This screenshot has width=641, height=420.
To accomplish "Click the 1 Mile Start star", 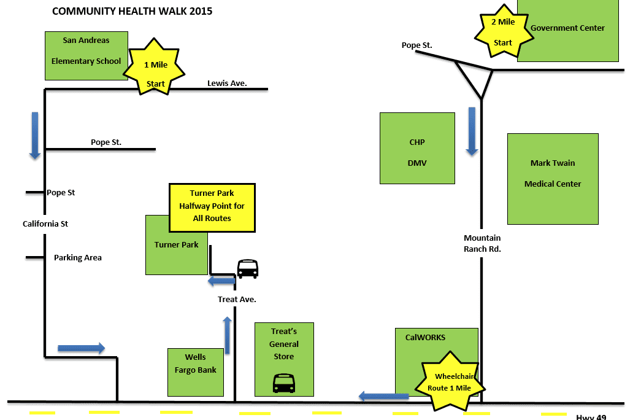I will [x=155, y=66].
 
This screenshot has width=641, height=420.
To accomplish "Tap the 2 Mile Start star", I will [x=503, y=32].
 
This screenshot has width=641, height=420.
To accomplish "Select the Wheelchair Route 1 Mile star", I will [x=450, y=382].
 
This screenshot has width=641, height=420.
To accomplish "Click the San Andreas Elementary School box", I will [x=86, y=56].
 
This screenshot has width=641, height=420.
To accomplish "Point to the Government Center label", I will [x=567, y=28].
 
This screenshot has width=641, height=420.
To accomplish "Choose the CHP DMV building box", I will [x=417, y=148].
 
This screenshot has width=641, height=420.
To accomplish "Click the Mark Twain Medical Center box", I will [x=553, y=179].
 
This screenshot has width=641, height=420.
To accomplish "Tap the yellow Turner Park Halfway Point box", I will [x=212, y=207].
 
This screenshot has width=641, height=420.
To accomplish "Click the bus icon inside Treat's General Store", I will [x=283, y=383].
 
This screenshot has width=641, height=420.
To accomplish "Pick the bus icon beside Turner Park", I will [x=248, y=269].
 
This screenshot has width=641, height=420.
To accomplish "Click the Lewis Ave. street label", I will [x=227, y=83].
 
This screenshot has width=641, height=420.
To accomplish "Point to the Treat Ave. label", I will [x=237, y=300].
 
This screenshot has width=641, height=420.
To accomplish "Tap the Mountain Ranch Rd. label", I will [x=482, y=243].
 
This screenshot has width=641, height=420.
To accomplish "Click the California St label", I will [x=45, y=224].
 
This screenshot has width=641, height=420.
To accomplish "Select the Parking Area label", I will [x=78, y=258].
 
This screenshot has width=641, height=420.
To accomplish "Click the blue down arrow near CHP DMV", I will [x=472, y=131].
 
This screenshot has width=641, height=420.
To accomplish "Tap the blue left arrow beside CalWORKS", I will [x=383, y=396].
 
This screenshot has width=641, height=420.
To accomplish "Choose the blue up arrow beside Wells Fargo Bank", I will [x=227, y=335].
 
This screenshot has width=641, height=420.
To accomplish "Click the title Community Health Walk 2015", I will [x=132, y=11].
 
